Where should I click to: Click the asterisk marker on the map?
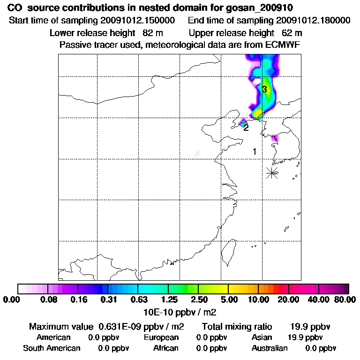coord(272,172)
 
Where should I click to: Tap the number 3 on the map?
coord(264,89)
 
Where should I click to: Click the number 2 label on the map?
coord(246,127)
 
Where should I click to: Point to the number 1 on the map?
coord(255,151)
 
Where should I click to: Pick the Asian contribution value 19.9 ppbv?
coord(305,337)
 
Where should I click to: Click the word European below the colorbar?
coord(161,337)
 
